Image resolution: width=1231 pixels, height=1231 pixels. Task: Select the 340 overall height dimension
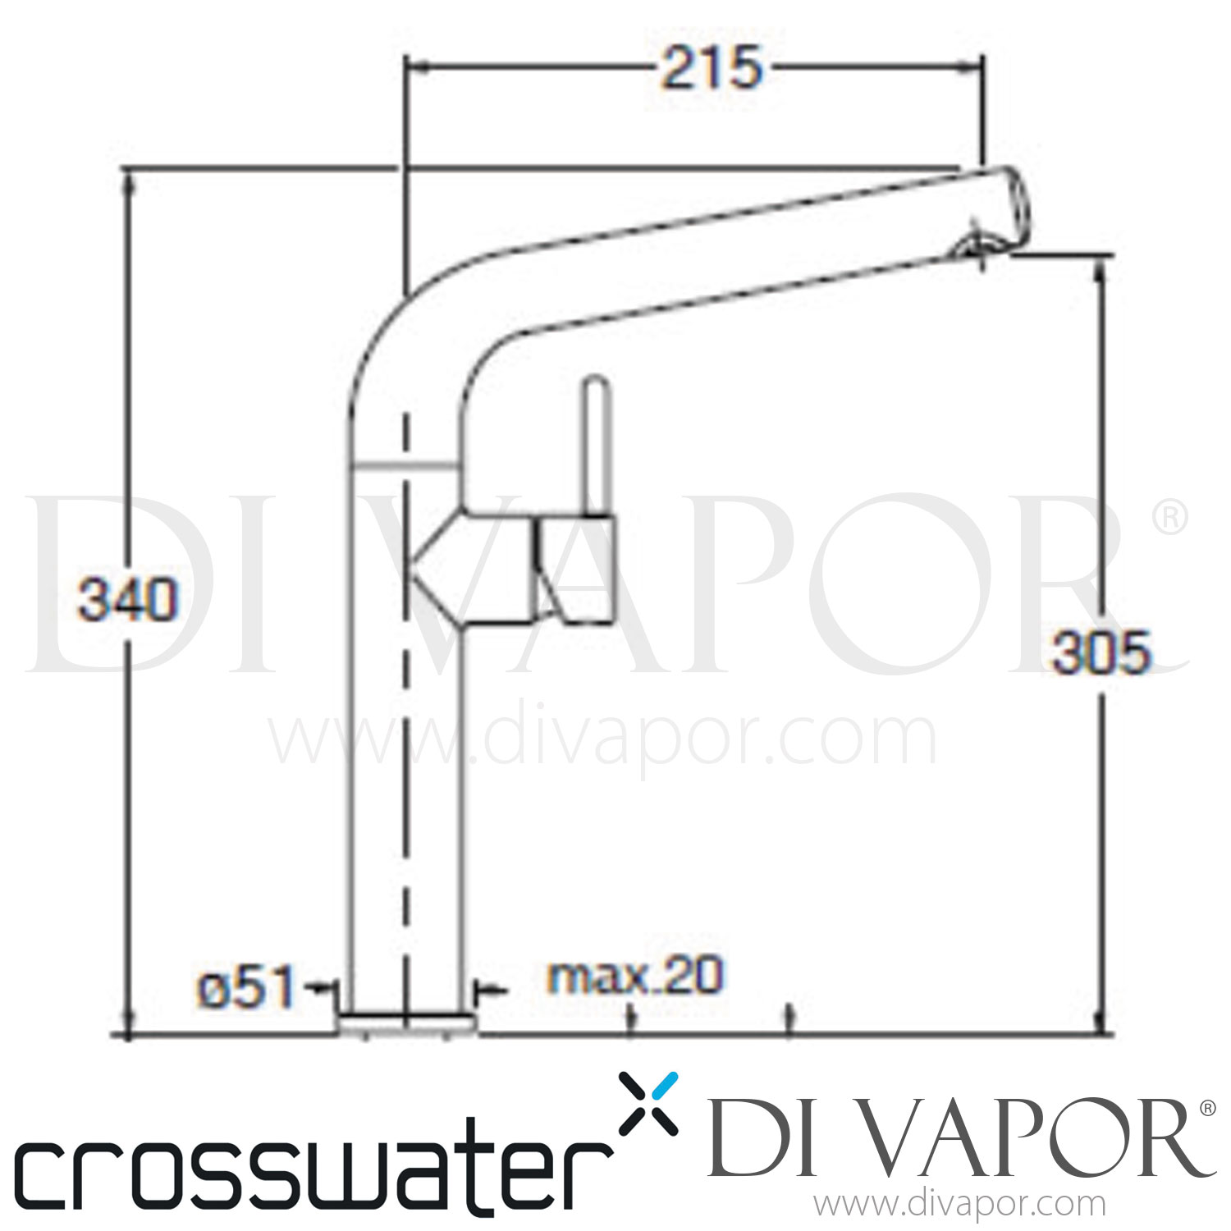[x=127, y=599]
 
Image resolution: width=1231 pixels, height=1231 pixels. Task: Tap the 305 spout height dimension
[x=1101, y=653]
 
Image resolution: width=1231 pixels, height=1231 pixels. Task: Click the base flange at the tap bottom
[x=406, y=1021]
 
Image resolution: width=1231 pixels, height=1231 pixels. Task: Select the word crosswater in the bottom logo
[x=312, y=1174]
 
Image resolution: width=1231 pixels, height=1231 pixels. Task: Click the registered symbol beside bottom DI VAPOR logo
[x=1207, y=1108]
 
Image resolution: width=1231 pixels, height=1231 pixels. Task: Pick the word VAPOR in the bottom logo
[x=1026, y=1141]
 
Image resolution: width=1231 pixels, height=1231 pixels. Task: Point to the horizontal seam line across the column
[x=405, y=466]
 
